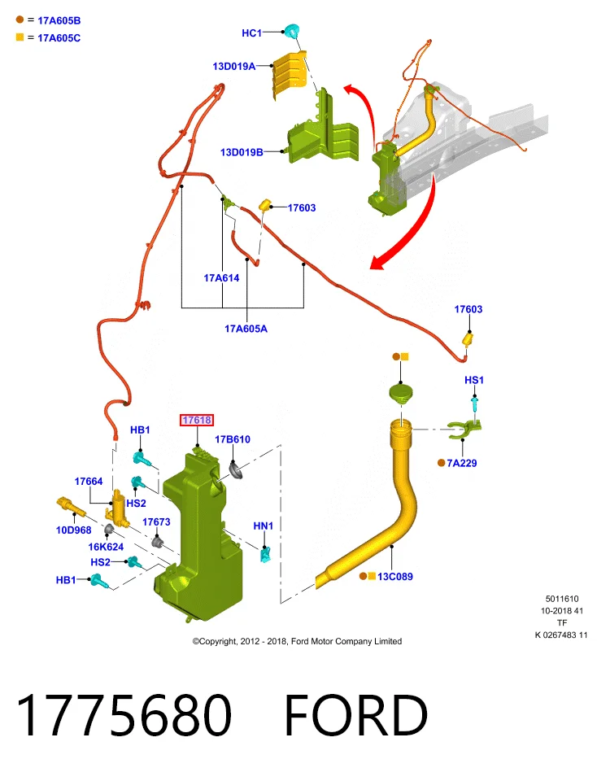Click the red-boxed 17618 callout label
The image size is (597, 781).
197,420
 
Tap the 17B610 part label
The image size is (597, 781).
233,439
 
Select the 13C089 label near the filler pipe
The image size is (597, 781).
394,576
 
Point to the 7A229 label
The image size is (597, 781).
461,463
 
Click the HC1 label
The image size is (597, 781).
251,33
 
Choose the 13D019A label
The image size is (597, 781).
234,66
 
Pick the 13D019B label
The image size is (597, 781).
242,152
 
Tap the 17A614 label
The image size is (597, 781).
221,278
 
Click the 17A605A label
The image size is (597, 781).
246,329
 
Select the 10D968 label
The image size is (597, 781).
74,530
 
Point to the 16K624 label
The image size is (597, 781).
106,547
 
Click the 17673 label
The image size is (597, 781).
156,522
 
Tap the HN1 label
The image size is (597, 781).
264,526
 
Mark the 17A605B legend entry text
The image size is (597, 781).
59,21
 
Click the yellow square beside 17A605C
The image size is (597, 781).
20,37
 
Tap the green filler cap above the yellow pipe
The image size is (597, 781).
401,393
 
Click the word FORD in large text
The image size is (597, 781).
356,715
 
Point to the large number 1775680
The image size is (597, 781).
124,715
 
